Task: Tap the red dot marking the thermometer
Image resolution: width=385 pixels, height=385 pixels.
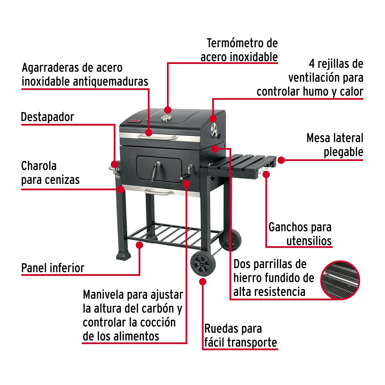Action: coord(168,110)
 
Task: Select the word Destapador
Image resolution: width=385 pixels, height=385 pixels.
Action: coord(47,117)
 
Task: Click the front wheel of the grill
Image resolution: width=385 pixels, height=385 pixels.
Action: coord(203,264)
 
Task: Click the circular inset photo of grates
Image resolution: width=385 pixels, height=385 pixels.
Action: coord(340,280)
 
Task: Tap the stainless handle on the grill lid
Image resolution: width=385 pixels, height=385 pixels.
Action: coord(158,137)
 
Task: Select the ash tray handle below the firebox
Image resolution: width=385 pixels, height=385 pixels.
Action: coord(159,192)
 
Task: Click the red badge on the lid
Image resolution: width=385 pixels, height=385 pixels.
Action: coord(134,121)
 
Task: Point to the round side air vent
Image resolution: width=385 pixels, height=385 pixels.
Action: coord(214,130)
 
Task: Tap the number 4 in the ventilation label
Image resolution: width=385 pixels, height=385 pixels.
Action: coord(312,64)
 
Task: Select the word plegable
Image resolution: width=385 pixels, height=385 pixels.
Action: coord(343,152)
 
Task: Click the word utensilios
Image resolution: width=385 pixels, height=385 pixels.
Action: coord(309,241)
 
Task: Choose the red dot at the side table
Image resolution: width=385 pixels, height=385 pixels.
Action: coord(281,160)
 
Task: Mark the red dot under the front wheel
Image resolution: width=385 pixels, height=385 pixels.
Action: coord(203,282)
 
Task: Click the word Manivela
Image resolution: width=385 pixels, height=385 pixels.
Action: coord(103,295)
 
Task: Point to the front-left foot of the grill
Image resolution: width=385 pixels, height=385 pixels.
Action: coord(124,256)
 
